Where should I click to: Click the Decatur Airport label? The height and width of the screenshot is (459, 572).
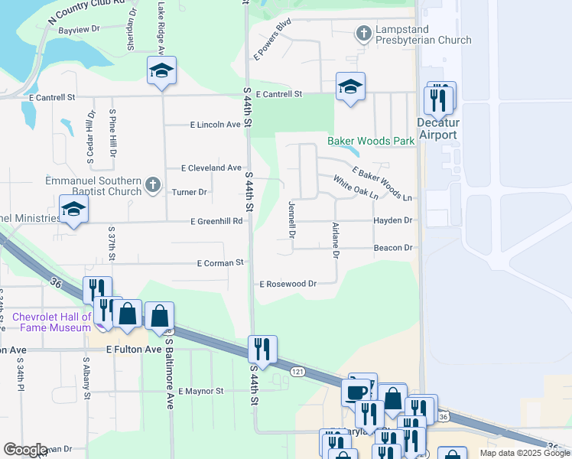(437, 129)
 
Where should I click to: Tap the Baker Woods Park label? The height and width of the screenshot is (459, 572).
(371, 141)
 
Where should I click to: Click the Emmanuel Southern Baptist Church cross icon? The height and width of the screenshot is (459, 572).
(153, 184)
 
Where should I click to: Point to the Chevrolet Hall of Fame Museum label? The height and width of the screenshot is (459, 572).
(51, 322)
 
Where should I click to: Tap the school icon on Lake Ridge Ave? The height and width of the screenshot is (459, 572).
(161, 71)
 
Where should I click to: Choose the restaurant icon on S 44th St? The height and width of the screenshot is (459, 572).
(262, 350)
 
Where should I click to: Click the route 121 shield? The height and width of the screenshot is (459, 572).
(297, 371)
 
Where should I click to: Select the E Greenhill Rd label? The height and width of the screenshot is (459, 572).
(216, 221)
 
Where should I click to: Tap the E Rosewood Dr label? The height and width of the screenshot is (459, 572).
(288, 284)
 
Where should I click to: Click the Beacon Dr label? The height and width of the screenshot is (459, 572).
(393, 248)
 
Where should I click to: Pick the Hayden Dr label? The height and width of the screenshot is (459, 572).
(393, 220)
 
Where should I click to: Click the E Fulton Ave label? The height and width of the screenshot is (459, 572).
(134, 350)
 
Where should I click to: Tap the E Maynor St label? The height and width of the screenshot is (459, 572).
(200, 391)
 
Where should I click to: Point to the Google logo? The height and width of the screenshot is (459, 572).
(25, 449)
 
